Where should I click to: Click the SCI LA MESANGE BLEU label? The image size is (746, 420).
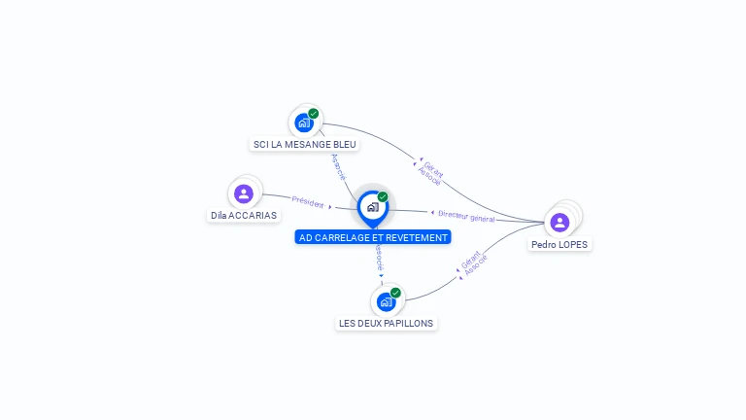click(304, 144)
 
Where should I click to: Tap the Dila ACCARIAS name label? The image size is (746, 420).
click(244, 215)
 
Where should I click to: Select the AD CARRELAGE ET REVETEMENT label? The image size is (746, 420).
click(373, 237)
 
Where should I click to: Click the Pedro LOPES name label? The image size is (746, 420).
click(559, 244)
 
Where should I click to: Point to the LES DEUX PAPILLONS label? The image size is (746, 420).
click(386, 323)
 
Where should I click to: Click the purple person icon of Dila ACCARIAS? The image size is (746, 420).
click(244, 193)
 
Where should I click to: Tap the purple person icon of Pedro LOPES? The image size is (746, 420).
click(559, 223)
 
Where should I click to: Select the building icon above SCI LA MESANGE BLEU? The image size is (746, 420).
click(304, 122)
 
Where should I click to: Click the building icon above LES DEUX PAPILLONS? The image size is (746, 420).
click(386, 302)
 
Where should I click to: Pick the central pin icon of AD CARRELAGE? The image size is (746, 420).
click(373, 209)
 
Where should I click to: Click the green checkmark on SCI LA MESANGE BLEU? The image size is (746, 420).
click(313, 114)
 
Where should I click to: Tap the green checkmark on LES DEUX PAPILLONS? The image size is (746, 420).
click(395, 293)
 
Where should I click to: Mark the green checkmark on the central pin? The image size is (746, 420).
click(383, 196)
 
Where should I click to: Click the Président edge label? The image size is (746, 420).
click(308, 202)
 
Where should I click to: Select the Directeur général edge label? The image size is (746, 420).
click(466, 217)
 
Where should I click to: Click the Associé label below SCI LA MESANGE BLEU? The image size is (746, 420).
click(338, 166)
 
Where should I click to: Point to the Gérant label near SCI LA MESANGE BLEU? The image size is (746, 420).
click(433, 169)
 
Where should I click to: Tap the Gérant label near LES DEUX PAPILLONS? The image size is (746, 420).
click(470, 260)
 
